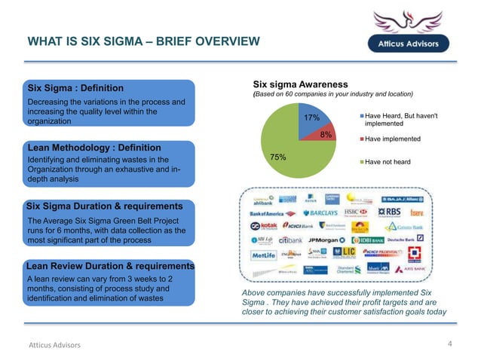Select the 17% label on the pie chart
coord(312,118)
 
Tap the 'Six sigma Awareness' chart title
coord(300,84)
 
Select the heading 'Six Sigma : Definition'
coord(75,88)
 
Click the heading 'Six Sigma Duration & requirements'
coord(105,206)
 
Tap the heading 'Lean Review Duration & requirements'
coord(110,266)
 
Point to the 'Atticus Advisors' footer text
coord(54,345)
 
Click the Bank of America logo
coord(273,213)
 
